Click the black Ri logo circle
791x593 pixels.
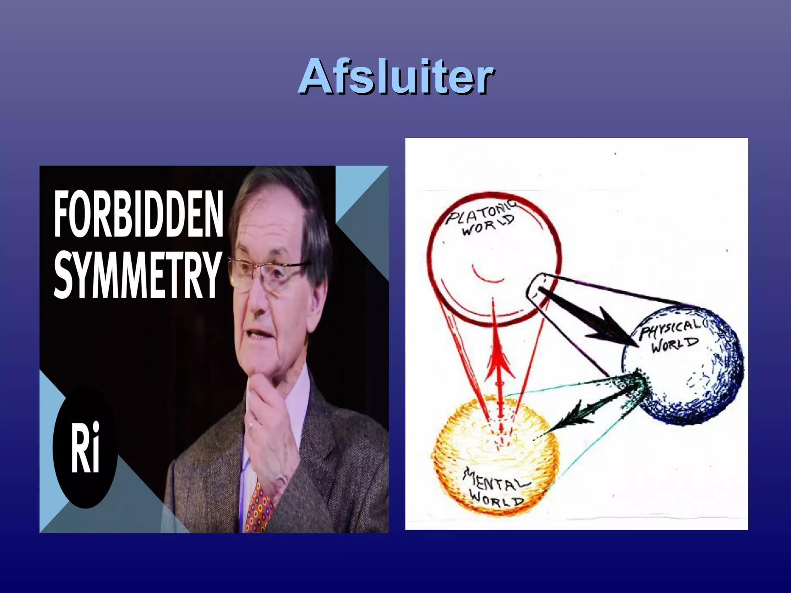tap(85, 446)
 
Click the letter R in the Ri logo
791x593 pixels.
tap(79, 448)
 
